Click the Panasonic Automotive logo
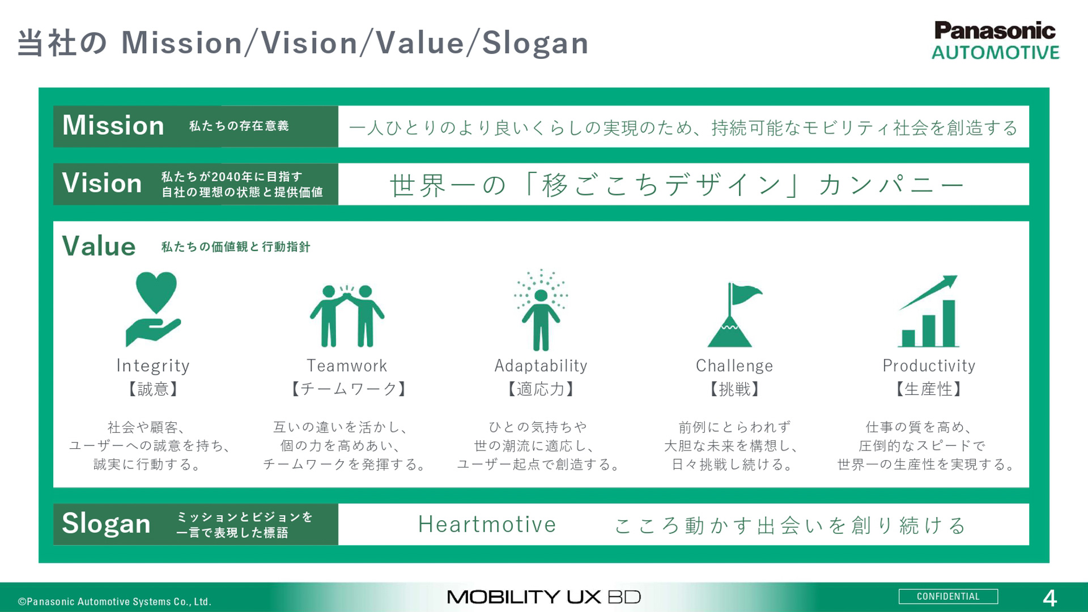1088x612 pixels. pos(995,41)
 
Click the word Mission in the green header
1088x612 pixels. pos(113,126)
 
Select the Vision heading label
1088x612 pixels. pos(102,184)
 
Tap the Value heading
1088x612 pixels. pos(99,246)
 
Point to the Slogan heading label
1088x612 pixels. pos(107,524)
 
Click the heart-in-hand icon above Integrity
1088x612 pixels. pos(154,309)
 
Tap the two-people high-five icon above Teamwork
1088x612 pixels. pos(347,316)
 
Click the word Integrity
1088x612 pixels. pos(153,366)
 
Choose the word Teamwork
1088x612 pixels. pos(347,366)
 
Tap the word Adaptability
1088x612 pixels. pos(541,366)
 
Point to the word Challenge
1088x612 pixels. pos(734,366)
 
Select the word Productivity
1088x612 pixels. pos(929,366)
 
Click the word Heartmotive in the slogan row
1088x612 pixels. pos(487,525)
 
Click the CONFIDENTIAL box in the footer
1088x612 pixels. pos(948,597)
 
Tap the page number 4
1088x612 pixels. pos(1049,598)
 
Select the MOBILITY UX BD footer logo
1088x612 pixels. pos(544,597)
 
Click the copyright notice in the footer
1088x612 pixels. pos(114,602)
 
